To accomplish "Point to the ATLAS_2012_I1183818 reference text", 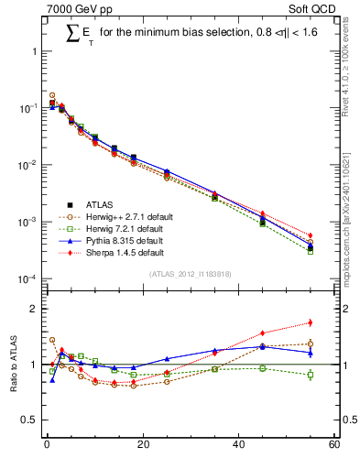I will coord(190,273).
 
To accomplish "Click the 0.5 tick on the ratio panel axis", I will coord(32,420).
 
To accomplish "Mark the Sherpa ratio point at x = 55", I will coord(311,322).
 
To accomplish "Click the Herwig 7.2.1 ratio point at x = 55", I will coord(311,375).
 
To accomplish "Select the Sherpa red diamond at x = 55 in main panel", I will coord(311,235).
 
